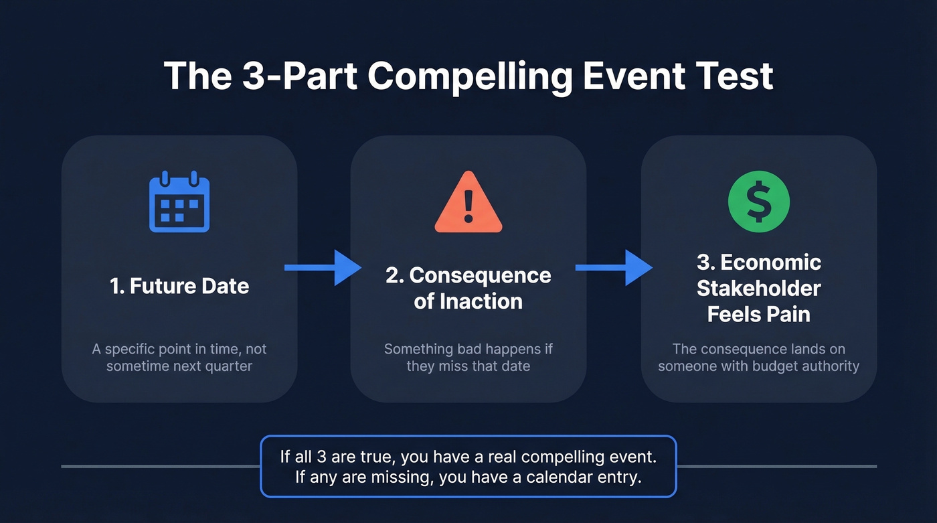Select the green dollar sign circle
[758, 202]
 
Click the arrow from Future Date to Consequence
[322, 268]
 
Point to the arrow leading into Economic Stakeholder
[613, 268]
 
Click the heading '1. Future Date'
[179, 286]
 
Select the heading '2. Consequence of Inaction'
[468, 288]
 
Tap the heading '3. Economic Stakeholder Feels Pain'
[758, 288]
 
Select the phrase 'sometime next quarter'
[179, 366]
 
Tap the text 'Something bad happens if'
[468, 349]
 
